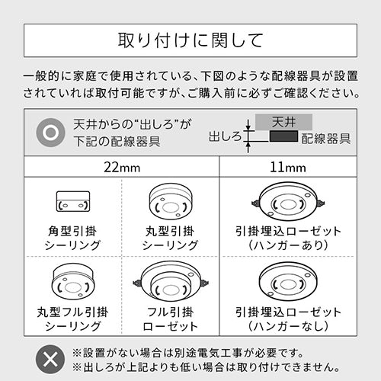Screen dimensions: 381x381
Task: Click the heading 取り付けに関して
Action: pos(190,40)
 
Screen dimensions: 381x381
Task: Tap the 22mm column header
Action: pos(122,168)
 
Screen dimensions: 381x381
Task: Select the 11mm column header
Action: pos(288,168)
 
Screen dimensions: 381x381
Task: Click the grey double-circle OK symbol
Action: pos(50,133)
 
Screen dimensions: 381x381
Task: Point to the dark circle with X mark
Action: pos(50,359)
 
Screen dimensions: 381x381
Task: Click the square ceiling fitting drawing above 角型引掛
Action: pos(73,201)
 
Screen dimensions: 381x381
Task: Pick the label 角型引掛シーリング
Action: pos(72,239)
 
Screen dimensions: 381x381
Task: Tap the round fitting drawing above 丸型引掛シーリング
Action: pos(171,201)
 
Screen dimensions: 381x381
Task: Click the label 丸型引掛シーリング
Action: pos(170,239)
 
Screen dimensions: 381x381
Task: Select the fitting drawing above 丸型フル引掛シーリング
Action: pos(73,280)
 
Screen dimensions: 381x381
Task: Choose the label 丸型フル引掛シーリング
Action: pos(72,319)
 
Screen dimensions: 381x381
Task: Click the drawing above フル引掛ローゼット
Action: pos(171,280)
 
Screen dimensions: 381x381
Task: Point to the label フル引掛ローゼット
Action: pos(170,319)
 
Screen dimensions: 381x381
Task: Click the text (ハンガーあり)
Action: pos(288,245)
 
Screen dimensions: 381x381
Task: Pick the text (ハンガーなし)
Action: pos(288,326)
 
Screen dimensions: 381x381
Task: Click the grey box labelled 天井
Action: pos(283,122)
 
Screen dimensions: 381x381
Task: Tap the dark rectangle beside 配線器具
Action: pos(283,136)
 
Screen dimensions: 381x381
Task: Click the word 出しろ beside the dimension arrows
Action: pos(225,136)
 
